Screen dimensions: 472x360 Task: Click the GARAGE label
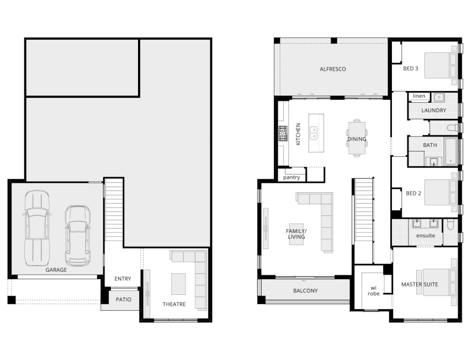click(x=56, y=269)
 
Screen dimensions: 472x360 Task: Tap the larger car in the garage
click(x=37, y=228)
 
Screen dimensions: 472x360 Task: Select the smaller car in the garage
click(x=78, y=235)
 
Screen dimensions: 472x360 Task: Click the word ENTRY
click(x=123, y=279)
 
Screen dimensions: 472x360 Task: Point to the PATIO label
click(x=124, y=299)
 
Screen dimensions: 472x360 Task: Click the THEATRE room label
click(x=174, y=304)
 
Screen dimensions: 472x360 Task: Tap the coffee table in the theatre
click(x=178, y=284)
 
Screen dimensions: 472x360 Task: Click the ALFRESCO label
click(x=333, y=69)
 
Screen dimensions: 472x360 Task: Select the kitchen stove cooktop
click(x=283, y=134)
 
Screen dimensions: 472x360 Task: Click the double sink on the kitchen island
click(x=314, y=133)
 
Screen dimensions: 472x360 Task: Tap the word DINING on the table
click(x=357, y=139)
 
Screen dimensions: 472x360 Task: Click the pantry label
click(x=291, y=177)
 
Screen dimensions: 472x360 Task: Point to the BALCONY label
click(x=305, y=290)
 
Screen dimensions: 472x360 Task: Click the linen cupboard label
click(x=419, y=96)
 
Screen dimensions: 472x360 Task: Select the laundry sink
click(x=438, y=97)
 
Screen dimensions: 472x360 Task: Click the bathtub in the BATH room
click(x=450, y=151)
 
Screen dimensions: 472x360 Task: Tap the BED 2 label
click(x=413, y=193)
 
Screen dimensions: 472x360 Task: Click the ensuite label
click(x=425, y=235)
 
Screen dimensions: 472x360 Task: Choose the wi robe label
click(x=373, y=291)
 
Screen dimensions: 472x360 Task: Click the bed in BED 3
click(x=441, y=66)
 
